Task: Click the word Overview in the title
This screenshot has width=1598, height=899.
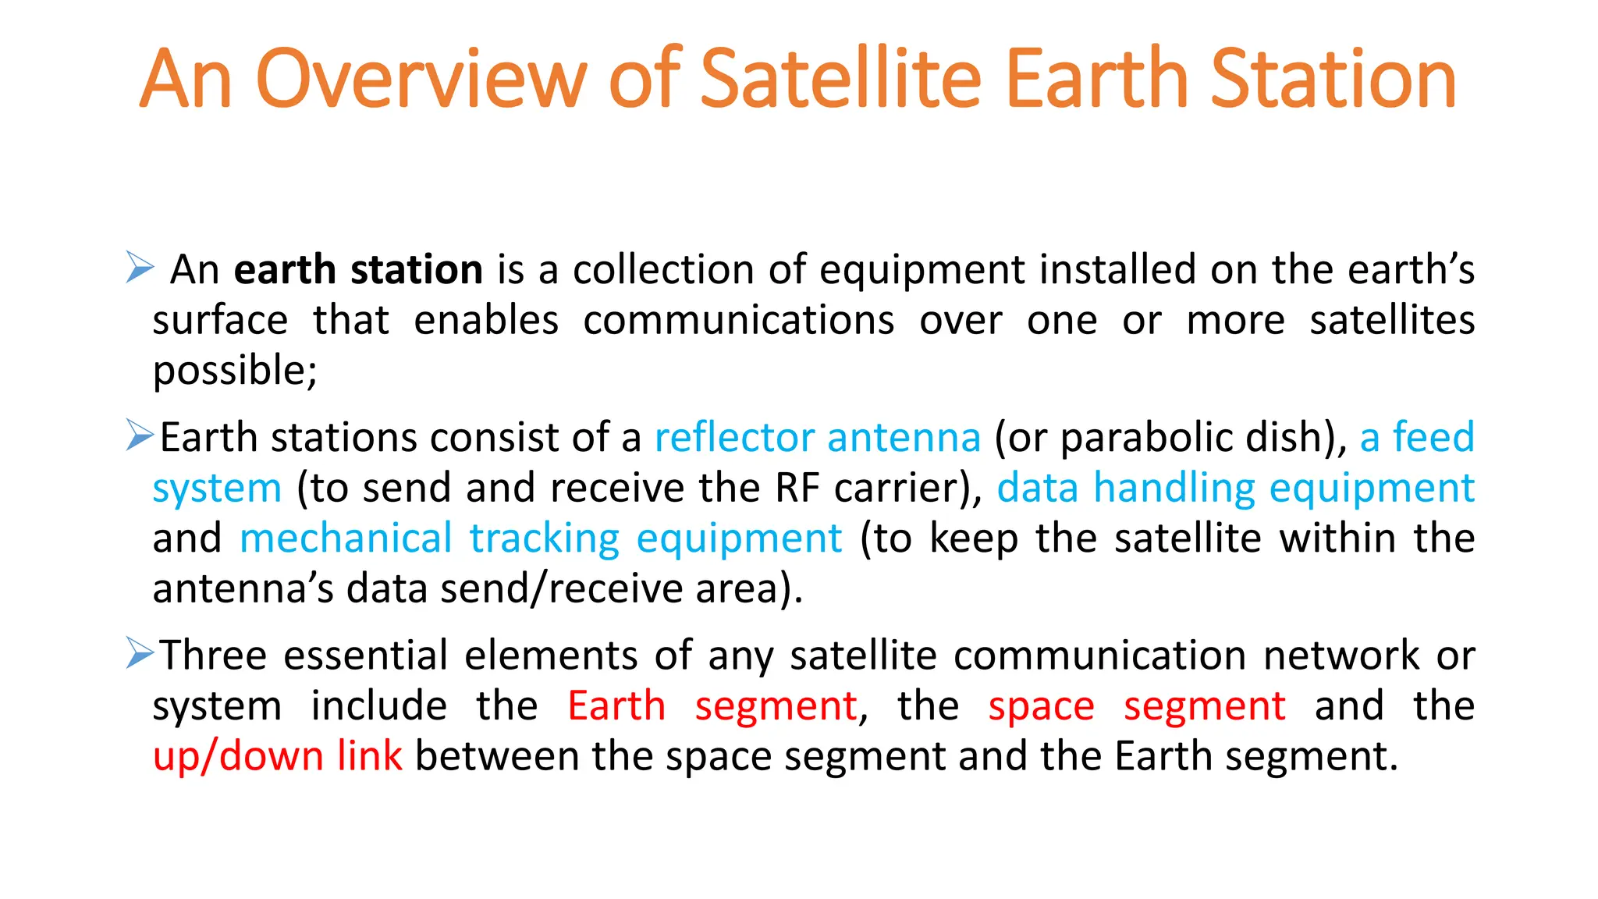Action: [x=421, y=78]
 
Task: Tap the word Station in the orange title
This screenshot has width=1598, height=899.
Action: [x=1333, y=78]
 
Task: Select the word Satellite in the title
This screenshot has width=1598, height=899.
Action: [x=840, y=78]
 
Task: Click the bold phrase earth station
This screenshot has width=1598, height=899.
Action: [x=358, y=269]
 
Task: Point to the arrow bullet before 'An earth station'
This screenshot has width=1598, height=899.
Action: [x=140, y=268]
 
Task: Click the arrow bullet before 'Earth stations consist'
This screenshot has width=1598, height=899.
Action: [x=140, y=435]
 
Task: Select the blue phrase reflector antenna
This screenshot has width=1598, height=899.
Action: [x=817, y=437]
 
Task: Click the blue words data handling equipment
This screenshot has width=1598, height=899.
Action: [x=1235, y=488]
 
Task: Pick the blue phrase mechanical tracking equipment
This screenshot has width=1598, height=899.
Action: [x=541, y=538]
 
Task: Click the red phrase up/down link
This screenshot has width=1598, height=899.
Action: [x=278, y=756]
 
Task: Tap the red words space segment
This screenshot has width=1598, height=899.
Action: [x=1136, y=706]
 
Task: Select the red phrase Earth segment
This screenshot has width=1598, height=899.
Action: [x=712, y=706]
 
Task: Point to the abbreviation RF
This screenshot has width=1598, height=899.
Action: [x=797, y=488]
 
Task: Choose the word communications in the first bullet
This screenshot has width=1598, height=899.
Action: [x=738, y=321]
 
